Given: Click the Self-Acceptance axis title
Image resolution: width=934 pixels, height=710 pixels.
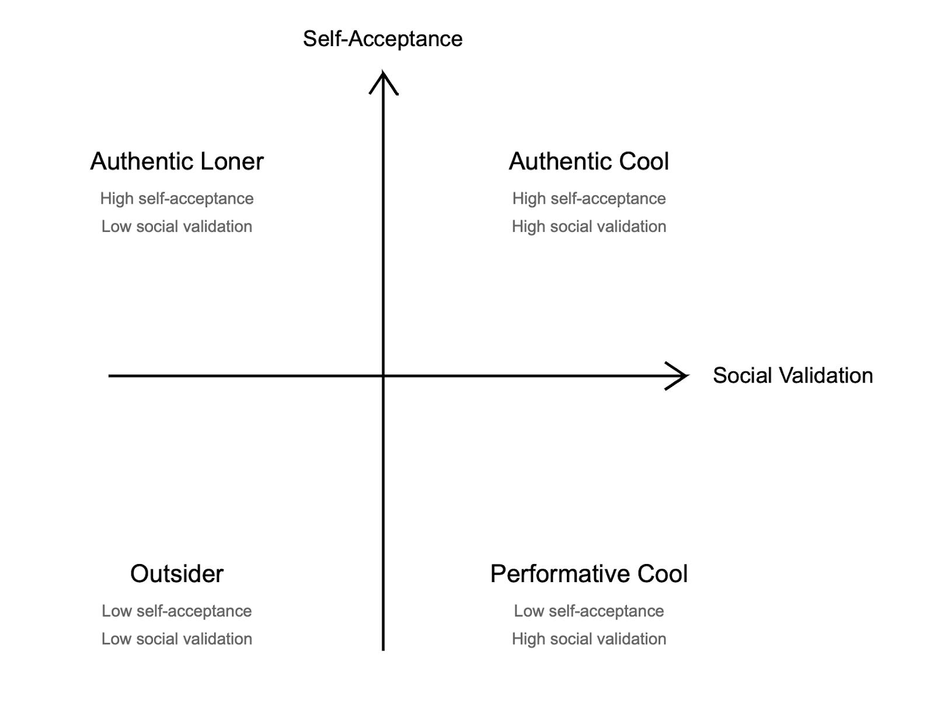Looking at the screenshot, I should pos(382,39).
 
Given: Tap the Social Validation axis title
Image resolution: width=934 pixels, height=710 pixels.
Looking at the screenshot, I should pos(792,375).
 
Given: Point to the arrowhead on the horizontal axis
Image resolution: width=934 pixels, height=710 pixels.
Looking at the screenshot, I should pos(679,376).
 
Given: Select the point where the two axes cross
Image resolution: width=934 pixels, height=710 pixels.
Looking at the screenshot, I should pos(383,376).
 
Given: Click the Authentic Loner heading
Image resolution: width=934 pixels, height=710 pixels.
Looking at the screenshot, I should pos(177,161).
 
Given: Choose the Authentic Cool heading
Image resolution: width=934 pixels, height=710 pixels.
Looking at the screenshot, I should pos(588,161).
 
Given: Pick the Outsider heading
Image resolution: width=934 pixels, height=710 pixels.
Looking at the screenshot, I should pos(177,573).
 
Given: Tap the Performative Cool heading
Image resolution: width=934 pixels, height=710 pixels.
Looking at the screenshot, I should pos(588,573).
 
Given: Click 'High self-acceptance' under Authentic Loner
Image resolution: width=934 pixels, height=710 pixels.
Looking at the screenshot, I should pos(177,199).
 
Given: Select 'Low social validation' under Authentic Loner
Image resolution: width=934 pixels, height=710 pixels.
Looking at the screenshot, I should pos(177,227).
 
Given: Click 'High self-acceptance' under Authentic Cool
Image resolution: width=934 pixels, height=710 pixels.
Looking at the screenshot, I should pos(588,199).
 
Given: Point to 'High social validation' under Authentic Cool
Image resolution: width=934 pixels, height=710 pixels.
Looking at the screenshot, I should pos(588,227).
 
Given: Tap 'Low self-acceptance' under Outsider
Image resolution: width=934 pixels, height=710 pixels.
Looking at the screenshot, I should pos(177,611).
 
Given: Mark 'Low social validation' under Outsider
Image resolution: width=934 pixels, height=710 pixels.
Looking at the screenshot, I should pos(177,639).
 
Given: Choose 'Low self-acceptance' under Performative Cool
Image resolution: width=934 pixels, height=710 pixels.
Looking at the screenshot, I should pos(588,611).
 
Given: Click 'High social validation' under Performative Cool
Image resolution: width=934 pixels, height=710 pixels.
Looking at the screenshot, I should pos(588,639).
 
